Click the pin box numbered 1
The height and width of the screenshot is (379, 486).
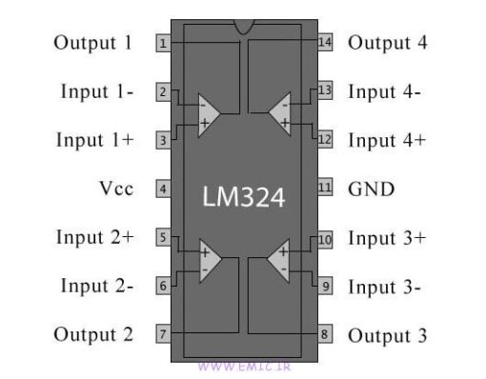coord(164,43)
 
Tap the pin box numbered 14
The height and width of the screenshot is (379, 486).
coord(325,42)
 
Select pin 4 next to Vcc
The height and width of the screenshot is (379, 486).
coord(164,189)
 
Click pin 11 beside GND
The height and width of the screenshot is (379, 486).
coord(325,188)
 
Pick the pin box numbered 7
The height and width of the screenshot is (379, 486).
coord(164,334)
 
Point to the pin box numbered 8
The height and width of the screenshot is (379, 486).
coord(325,334)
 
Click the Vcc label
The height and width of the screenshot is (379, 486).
coord(114,189)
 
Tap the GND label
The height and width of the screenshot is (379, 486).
coord(372,189)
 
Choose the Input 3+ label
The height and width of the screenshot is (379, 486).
coord(387,237)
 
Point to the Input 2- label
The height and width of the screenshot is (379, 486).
coord(97,286)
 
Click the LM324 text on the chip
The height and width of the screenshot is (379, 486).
coord(244,196)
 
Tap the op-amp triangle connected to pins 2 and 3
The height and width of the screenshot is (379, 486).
coord(208,115)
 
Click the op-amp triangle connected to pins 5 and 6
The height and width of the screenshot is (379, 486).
coord(208,261)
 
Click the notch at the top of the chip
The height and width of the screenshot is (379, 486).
coord(244,27)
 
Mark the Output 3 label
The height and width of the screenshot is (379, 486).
coord(387,335)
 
